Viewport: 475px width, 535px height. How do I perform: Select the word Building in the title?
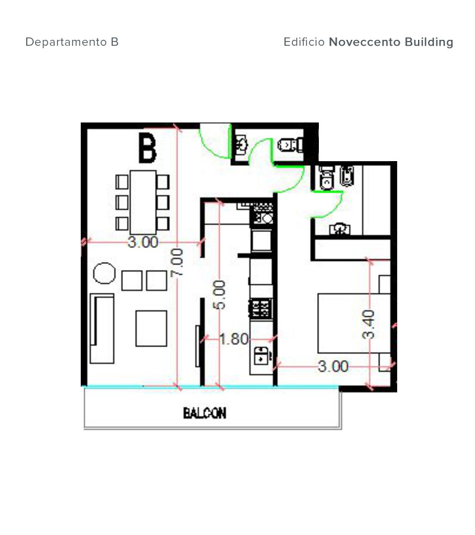point(429,42)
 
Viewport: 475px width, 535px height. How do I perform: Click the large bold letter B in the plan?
point(147,148)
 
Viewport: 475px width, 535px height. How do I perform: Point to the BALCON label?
point(204,413)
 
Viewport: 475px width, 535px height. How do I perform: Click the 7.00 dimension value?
point(177,262)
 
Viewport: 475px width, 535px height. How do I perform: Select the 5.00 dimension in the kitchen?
point(219,295)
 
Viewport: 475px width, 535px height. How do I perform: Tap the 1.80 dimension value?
point(234,339)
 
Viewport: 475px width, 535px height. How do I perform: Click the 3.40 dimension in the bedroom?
point(368,325)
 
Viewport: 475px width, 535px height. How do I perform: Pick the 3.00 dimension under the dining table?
point(143,242)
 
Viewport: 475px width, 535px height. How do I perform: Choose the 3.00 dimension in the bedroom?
point(333,366)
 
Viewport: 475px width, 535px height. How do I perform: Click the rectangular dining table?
point(143,202)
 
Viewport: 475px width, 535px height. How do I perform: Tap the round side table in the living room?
point(104,273)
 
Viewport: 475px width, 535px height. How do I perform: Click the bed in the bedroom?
point(354,323)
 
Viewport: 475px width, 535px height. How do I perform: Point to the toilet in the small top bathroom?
point(290,144)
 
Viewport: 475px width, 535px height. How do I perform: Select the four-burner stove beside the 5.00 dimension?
point(261,309)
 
